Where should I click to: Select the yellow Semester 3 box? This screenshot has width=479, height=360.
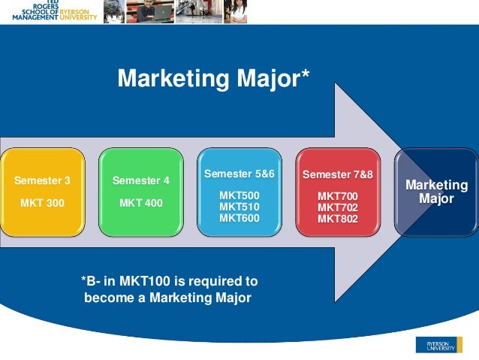click(42, 192)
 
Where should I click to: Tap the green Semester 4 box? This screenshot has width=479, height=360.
click(140, 192)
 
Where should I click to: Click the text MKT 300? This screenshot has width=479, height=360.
click(42, 204)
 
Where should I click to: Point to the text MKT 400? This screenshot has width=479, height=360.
click(140, 204)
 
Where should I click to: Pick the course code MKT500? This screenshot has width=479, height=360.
click(239, 195)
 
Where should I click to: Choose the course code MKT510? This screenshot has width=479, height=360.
click(239, 206)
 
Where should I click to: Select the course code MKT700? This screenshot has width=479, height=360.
click(338, 196)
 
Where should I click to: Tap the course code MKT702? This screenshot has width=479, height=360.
click(338, 207)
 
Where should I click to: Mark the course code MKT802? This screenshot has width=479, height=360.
click(338, 219)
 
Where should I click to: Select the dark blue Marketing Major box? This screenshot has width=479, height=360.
click(437, 192)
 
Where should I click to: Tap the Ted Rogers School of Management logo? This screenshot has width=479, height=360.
click(49, 11)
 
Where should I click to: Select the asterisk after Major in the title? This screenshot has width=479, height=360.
click(304, 75)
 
